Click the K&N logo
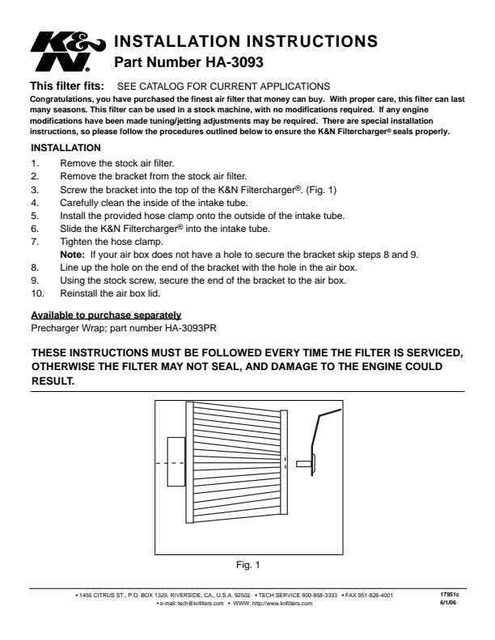(x=67, y=50)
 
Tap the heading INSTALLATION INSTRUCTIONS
(x=247, y=40)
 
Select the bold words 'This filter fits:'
(x=67, y=86)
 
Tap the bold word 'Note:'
(x=73, y=255)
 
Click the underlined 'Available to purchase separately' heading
(x=105, y=314)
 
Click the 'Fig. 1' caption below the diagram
(x=246, y=563)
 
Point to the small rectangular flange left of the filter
(x=176, y=461)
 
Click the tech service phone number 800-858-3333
(x=320, y=596)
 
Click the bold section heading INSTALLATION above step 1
(x=66, y=148)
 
